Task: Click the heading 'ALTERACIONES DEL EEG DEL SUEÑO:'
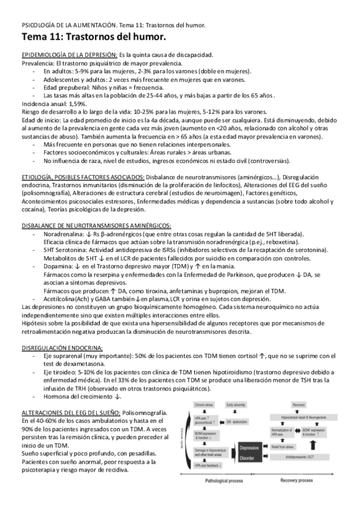(x=70, y=413)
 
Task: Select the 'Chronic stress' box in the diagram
(x=203, y=407)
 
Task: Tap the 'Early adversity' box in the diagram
(x=237, y=407)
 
